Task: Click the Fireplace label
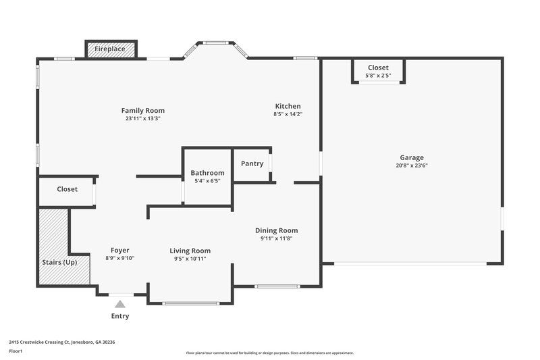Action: [111, 49]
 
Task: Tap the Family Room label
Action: [142, 111]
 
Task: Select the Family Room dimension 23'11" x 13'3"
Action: [142, 118]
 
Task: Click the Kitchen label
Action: [288, 106]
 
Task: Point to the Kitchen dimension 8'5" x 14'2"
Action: [288, 114]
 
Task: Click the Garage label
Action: [411, 157]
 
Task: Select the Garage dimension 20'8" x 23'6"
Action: [411, 165]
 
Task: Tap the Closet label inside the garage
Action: [378, 68]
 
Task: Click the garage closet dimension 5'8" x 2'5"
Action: [378, 75]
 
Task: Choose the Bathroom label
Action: [207, 173]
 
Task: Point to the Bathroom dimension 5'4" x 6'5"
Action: [207, 181]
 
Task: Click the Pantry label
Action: [252, 163]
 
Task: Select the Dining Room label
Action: [276, 230]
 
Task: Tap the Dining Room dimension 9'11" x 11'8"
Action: [276, 238]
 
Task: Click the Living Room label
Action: [190, 251]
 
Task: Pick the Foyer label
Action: [119, 250]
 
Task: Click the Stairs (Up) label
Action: [60, 262]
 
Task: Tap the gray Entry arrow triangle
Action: [120, 304]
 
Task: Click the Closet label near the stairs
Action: [67, 189]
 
